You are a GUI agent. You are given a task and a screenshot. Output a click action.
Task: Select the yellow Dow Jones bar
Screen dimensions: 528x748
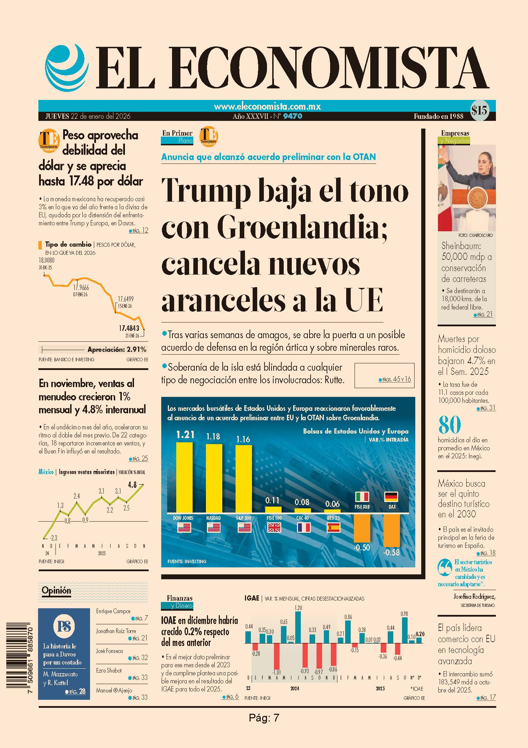click(x=184, y=477)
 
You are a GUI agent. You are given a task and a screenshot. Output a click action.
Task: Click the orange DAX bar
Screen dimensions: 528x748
click(x=392, y=530)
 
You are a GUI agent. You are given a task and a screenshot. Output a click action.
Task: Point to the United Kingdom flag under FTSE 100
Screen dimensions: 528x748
click(x=274, y=528)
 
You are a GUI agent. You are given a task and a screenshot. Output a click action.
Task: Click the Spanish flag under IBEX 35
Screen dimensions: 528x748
click(x=334, y=528)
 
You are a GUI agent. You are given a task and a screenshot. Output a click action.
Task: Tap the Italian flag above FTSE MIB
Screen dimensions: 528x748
click(x=362, y=496)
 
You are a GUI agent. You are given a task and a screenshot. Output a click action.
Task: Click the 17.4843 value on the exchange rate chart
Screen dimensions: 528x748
click(x=129, y=328)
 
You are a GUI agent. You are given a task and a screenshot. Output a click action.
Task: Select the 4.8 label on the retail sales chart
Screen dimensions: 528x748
click(x=132, y=485)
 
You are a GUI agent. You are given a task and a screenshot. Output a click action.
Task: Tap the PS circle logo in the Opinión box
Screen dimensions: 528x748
click(x=64, y=626)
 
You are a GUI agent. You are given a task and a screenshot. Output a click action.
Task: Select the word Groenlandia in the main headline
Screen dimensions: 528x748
click(x=302, y=228)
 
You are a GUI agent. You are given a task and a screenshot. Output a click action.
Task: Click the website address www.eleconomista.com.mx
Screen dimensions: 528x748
click(x=267, y=106)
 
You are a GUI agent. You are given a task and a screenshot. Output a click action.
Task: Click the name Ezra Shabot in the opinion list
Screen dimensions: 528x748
click(x=109, y=670)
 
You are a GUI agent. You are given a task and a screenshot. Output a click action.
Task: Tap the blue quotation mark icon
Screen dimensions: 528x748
click(x=445, y=568)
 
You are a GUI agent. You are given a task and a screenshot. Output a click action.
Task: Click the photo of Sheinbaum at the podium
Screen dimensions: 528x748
click(x=467, y=188)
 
